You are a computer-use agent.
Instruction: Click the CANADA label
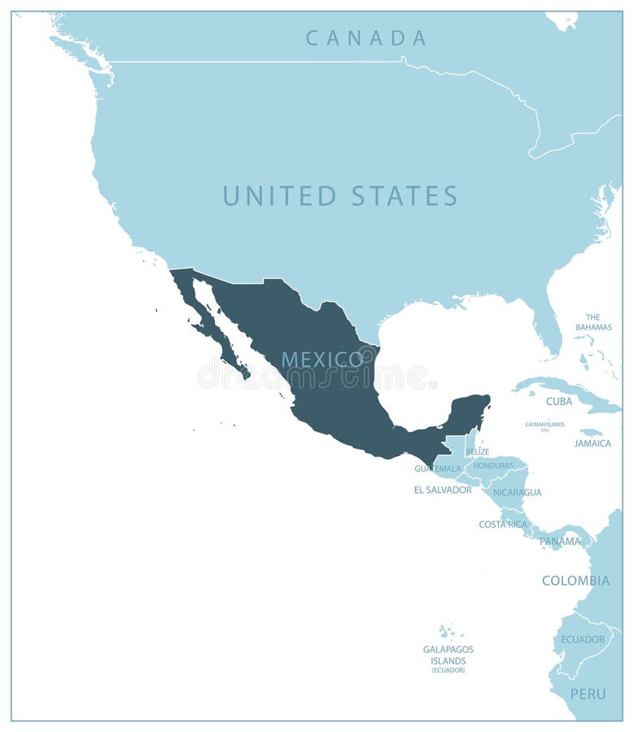click(x=366, y=37)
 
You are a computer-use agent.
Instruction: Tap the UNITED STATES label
click(x=340, y=196)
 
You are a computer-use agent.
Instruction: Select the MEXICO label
click(x=322, y=359)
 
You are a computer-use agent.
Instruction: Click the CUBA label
click(x=559, y=401)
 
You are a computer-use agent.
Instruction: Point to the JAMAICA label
click(x=592, y=443)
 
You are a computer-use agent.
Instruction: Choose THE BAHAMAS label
click(x=593, y=322)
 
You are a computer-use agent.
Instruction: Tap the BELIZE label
click(x=478, y=451)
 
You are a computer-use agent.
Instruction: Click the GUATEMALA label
click(x=438, y=468)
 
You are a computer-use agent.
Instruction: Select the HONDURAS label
click(x=493, y=465)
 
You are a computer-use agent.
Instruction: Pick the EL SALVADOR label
click(x=443, y=490)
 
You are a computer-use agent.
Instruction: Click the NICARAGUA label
click(x=517, y=492)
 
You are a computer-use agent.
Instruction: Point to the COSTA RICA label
click(x=503, y=524)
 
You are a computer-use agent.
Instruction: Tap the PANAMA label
click(x=560, y=541)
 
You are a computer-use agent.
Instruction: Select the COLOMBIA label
click(x=576, y=581)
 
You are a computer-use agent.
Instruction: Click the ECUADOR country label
click(x=583, y=639)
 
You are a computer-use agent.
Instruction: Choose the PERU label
click(x=588, y=694)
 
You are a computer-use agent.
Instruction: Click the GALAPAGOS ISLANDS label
click(x=448, y=655)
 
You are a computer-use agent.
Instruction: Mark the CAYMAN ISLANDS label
click(x=544, y=424)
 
